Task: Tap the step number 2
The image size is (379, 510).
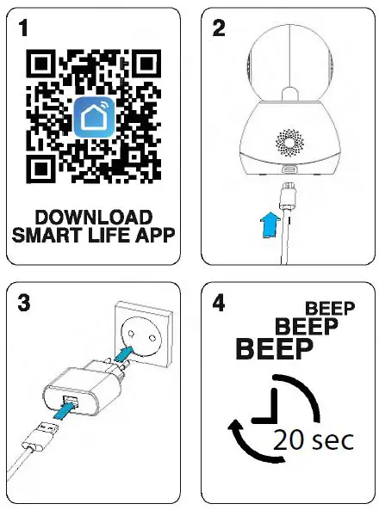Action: (219, 29)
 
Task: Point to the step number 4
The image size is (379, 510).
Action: (220, 303)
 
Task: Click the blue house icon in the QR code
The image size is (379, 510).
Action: (94, 117)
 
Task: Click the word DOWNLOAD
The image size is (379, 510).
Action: (94, 217)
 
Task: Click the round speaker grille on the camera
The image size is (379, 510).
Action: (288, 140)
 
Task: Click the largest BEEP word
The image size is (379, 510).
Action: (275, 349)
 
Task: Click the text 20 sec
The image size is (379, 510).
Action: (312, 439)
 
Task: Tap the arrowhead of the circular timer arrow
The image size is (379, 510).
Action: (236, 427)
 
